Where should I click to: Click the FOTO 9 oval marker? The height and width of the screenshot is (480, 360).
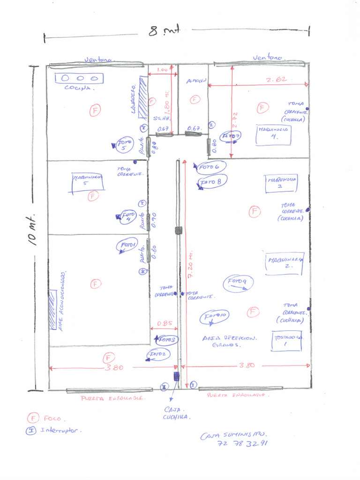point(238,283)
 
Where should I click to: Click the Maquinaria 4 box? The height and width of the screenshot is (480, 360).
point(274,135)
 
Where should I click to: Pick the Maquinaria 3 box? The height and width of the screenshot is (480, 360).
point(281,183)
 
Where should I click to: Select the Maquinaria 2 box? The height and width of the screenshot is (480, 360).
point(284,262)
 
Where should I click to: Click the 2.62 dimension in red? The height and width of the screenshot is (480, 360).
point(276,80)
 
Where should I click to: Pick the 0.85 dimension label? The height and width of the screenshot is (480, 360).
point(164,323)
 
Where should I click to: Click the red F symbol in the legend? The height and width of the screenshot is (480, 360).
point(33,418)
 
